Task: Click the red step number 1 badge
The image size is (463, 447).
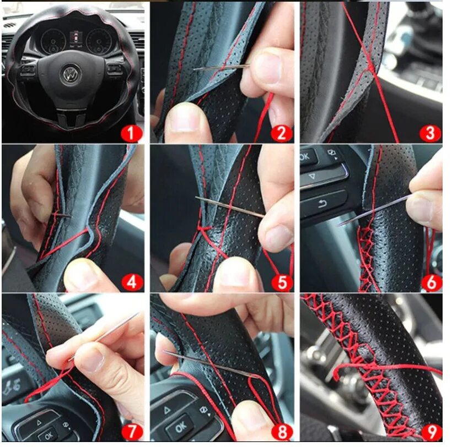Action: coord(132,134)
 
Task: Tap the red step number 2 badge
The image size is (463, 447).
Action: coord(282,134)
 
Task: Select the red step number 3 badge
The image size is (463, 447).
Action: coord(430,134)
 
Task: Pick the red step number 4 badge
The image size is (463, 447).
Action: coord(132,282)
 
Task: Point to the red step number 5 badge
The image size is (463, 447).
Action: coord(282,282)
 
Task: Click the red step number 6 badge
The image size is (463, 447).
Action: coord(432,282)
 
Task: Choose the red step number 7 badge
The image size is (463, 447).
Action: coord(132,432)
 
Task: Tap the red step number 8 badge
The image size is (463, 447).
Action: coord(282,432)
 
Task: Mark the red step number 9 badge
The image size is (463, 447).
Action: coord(432,432)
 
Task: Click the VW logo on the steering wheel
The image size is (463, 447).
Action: coord(71,73)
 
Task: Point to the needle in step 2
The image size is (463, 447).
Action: coord(222,67)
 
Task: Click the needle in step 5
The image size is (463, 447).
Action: coord(229,207)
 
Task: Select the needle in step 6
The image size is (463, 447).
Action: coord(374,210)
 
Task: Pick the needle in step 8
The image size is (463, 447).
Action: coord(212,365)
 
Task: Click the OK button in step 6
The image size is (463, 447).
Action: coord(307,157)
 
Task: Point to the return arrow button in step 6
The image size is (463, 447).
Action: coord(323,204)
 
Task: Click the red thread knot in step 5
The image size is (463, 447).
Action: coord(204,228)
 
